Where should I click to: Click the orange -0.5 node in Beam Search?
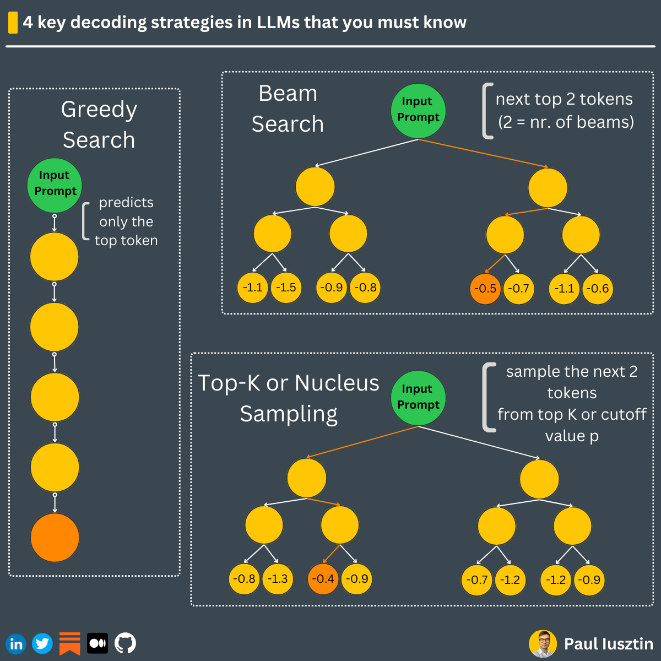click(485, 288)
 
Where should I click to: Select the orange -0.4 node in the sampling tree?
click(323, 579)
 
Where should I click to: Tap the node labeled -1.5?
click(286, 288)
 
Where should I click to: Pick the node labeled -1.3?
click(278, 579)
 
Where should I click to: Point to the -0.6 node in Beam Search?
click(598, 289)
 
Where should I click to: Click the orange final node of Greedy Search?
click(55, 538)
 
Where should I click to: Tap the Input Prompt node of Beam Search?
click(418, 111)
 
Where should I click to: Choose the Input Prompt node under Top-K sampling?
click(418, 398)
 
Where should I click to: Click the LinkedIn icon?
click(16, 643)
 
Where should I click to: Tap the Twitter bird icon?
click(42, 643)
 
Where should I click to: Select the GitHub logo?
click(125, 643)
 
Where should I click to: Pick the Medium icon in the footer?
click(97, 643)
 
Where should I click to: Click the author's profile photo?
click(543, 643)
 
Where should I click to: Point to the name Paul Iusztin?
click(608, 644)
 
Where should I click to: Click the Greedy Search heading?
click(99, 124)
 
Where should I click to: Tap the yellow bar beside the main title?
click(13, 23)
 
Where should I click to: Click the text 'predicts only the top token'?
click(126, 221)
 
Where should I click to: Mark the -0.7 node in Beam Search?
click(519, 289)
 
